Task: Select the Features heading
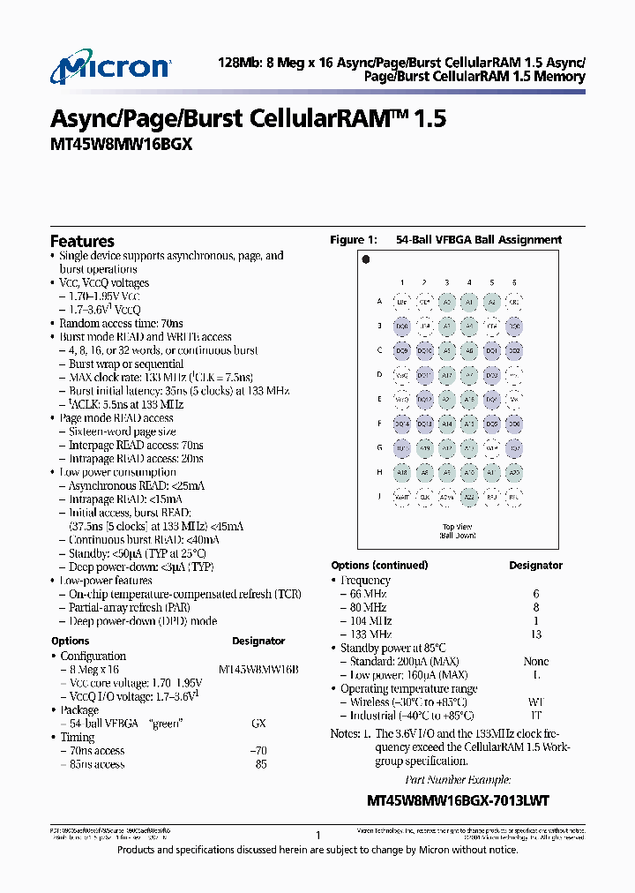tap(82, 241)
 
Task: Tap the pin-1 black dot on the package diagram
tap(365, 259)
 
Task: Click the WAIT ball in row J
tap(402, 497)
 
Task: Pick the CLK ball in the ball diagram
tap(424, 497)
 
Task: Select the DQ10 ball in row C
tap(424, 350)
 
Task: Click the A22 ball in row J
tap(469, 497)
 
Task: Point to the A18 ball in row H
tap(402, 472)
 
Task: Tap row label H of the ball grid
tap(379, 472)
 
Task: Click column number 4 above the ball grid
tap(469, 281)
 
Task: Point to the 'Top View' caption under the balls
tap(458, 527)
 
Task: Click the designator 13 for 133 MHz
tap(535, 634)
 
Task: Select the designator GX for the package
tap(258, 724)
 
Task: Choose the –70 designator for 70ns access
tap(259, 751)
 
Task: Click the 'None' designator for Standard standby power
tap(535, 661)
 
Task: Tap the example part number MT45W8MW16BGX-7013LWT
tap(458, 800)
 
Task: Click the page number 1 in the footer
tap(317, 834)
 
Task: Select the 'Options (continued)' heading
tap(379, 565)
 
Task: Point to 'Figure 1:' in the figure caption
tap(353, 240)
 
